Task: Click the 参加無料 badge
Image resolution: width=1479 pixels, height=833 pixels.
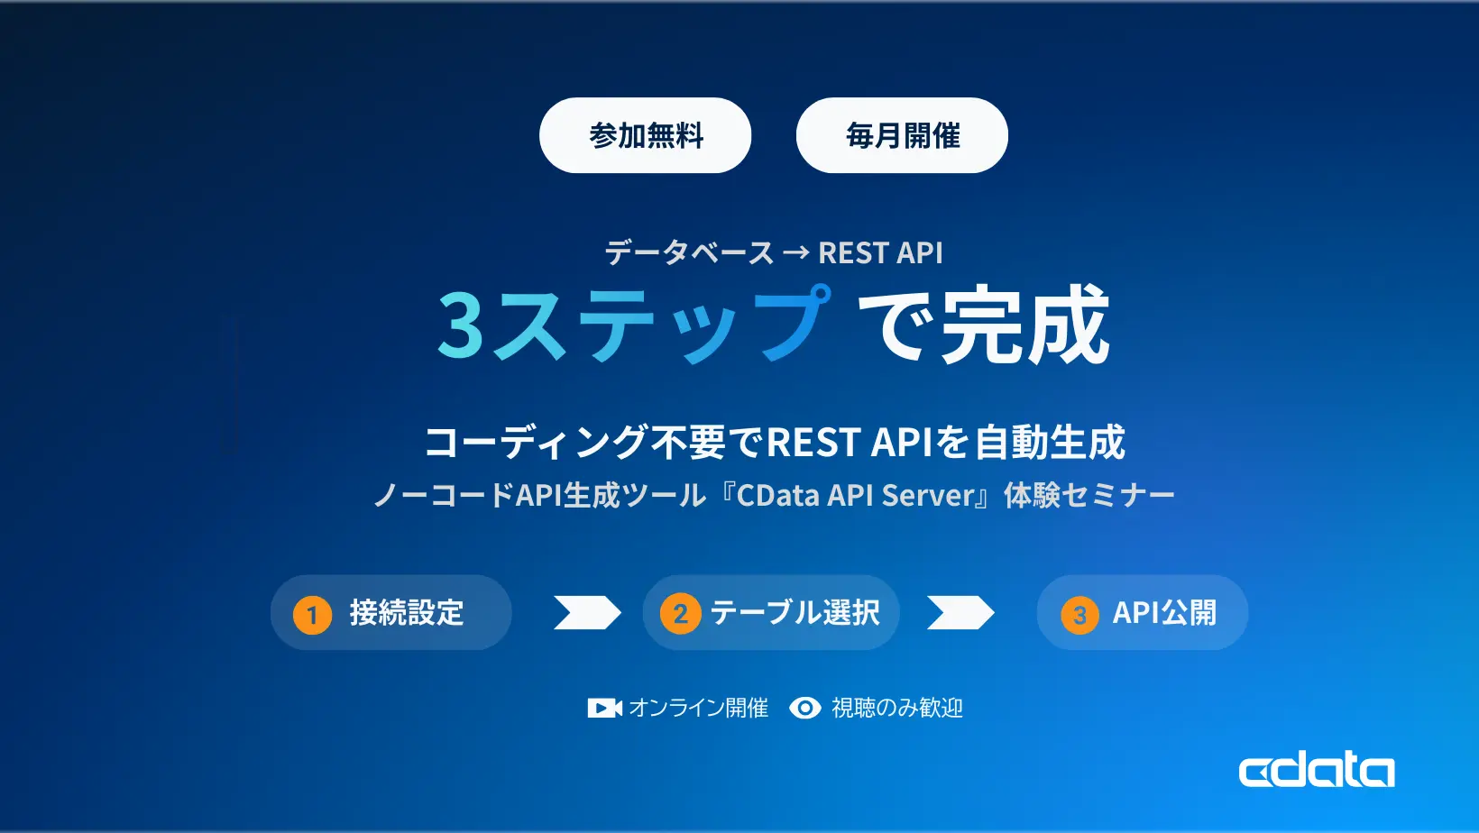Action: pos(645,135)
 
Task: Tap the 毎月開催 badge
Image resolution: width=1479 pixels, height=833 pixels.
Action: pos(902,135)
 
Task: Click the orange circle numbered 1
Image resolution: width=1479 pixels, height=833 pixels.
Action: pos(312,615)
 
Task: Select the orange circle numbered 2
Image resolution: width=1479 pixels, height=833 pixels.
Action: pos(681,614)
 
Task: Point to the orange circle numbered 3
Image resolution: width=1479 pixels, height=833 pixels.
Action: pos(1079,616)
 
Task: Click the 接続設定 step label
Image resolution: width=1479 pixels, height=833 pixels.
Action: pos(407,613)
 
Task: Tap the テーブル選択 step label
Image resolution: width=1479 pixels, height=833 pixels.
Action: pos(795,613)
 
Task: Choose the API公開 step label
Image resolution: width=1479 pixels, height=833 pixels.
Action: pos(1164,613)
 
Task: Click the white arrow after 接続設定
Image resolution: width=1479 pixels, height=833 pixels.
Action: pos(587,613)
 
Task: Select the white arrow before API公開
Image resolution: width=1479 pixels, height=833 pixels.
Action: pos(960,613)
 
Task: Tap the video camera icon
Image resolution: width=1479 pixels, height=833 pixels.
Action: pos(604,709)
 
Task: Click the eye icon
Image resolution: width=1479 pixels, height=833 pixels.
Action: pos(805,709)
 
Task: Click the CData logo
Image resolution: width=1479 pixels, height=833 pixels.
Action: pos(1317,771)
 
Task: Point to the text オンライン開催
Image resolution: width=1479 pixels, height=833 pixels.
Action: pos(699,709)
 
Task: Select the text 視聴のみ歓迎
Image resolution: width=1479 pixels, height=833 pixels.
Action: pos(897,709)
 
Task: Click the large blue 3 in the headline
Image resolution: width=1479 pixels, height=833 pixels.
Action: pos(461,326)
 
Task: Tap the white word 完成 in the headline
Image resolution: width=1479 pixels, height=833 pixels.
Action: pos(1026,325)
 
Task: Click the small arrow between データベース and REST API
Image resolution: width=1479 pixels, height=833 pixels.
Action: pos(796,253)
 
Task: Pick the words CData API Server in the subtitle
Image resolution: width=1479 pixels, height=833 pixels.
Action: pos(857,496)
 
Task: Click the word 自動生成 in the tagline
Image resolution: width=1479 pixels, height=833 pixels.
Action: pos(1050,443)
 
